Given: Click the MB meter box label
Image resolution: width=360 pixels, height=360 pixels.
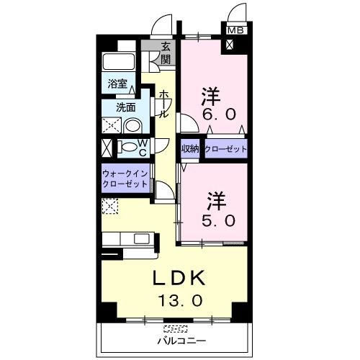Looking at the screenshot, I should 235,30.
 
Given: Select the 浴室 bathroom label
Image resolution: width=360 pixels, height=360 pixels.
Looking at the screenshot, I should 117,83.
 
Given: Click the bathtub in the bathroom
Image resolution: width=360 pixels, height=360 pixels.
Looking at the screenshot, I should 120,63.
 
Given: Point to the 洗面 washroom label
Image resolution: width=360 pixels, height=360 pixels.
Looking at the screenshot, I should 127,108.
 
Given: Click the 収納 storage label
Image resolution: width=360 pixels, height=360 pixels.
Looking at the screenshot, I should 191,149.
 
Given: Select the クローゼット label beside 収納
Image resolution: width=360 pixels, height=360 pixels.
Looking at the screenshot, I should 226,149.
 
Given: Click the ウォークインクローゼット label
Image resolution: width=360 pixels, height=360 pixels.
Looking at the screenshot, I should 125,179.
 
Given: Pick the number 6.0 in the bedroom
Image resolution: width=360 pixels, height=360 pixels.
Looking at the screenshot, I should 210,113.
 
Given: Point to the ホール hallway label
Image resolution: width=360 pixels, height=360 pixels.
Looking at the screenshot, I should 163,104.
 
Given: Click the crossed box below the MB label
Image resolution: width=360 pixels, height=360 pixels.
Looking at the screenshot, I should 230,44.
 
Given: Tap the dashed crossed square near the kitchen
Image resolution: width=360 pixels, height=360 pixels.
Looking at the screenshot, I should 109,207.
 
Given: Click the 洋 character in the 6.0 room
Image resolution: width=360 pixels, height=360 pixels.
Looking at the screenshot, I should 210,94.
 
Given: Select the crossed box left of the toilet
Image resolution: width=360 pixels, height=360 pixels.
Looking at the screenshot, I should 107,148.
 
